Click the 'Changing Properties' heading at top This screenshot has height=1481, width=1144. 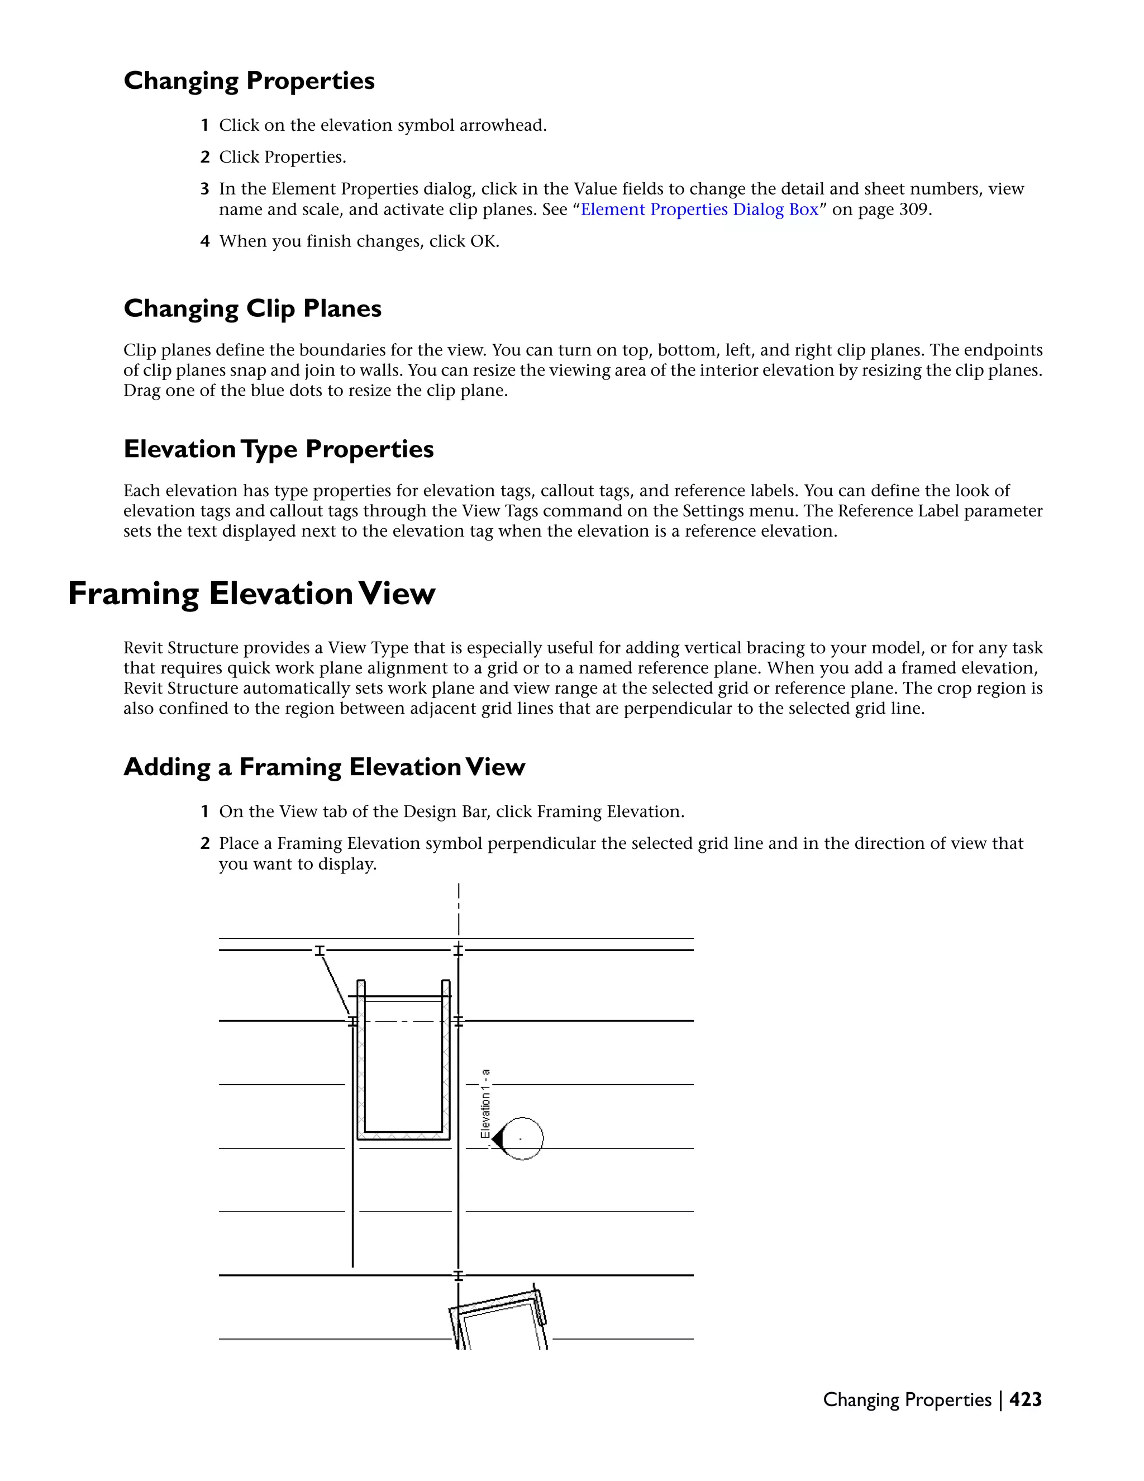[x=249, y=80]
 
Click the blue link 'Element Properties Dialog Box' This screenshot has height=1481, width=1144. [x=699, y=210]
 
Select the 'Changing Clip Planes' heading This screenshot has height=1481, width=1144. [x=252, y=308]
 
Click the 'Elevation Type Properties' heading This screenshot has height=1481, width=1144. [x=279, y=449]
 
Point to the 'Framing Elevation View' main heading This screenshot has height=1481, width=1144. [x=251, y=594]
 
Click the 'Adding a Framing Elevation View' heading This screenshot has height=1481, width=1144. [x=324, y=767]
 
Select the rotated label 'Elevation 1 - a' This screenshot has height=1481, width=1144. [x=485, y=1103]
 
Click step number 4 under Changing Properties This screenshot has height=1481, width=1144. [x=204, y=241]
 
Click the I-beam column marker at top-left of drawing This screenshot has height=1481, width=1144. [x=319, y=950]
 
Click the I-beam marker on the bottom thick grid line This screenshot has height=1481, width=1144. [x=458, y=1275]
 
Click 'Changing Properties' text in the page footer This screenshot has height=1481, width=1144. [x=906, y=1399]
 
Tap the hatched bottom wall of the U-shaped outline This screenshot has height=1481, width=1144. [x=403, y=1135]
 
